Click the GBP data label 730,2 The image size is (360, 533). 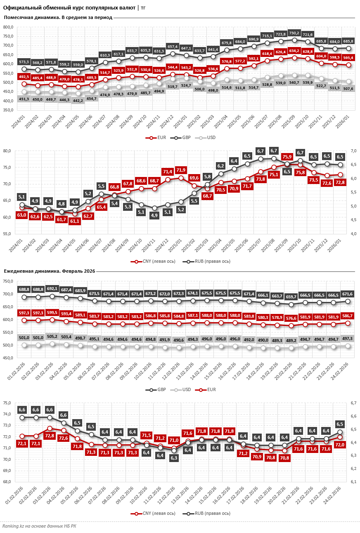(x=294, y=33)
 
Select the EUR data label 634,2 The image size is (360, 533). (x=294, y=51)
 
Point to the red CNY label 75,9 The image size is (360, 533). (x=287, y=157)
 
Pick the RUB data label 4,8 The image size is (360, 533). (x=61, y=204)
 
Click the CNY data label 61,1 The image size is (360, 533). (x=75, y=221)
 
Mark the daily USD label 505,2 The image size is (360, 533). (x=52, y=336)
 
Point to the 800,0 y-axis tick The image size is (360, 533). (x=8, y=27)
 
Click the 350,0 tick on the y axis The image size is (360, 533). (x=8, y=110)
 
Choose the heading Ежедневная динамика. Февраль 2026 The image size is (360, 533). (x=50, y=271)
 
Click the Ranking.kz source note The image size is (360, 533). (x=39, y=526)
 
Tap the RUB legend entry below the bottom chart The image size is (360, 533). (x=207, y=514)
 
